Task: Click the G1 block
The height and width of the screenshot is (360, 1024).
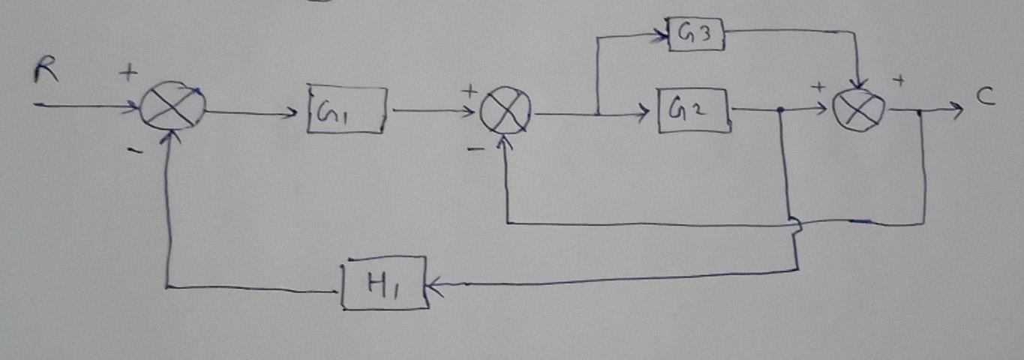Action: coord(347,111)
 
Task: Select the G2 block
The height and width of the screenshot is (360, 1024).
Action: coord(694,110)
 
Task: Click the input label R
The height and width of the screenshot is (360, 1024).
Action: coord(43,73)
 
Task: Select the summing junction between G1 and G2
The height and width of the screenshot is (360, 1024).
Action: coord(506,114)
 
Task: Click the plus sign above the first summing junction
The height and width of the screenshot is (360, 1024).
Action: coord(129,73)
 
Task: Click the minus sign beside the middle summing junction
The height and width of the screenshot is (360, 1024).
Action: coord(476,149)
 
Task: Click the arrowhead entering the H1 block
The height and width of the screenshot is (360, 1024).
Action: coord(434,285)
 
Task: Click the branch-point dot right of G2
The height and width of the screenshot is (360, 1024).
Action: coord(781,110)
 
